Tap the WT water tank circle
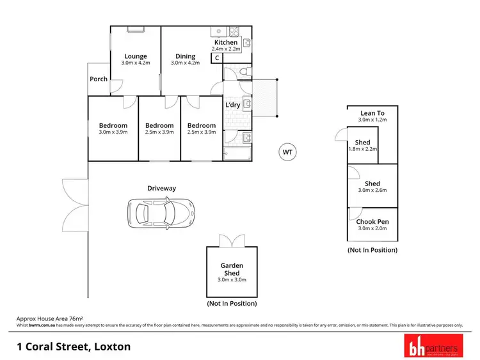click(287, 152)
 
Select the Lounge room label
click(135, 56)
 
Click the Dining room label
click(186, 56)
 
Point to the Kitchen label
click(226, 43)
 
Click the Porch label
click(99, 79)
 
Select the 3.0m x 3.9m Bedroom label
click(113, 125)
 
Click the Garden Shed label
click(232, 269)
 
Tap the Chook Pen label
click(372, 222)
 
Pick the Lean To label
click(372, 113)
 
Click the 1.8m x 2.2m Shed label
click(362, 143)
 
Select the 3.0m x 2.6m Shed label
click(372, 184)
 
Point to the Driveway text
click(161, 188)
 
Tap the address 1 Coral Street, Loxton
click(74, 347)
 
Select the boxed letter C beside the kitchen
click(217, 58)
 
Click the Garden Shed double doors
click(231, 241)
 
